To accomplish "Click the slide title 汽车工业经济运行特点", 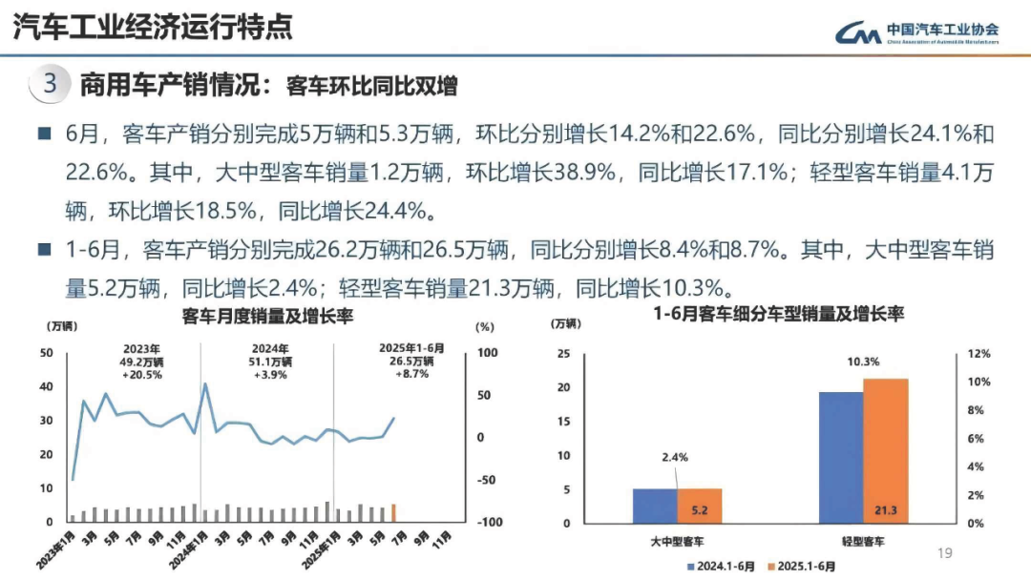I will [153, 28].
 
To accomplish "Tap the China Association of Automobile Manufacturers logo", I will [916, 33].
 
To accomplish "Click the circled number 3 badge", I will [51, 84].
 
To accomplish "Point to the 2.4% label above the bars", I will [674, 457].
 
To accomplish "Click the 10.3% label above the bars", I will [862, 362].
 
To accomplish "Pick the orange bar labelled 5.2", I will [700, 506].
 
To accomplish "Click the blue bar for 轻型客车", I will [840, 457].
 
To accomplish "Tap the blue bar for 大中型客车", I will [655, 506].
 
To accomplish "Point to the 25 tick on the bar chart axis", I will [563, 354].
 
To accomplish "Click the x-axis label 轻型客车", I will [862, 542].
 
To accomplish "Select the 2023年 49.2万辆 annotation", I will [141, 362].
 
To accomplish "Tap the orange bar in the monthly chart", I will [393, 513].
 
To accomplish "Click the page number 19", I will [946, 553].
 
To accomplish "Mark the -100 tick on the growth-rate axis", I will [489, 522].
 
